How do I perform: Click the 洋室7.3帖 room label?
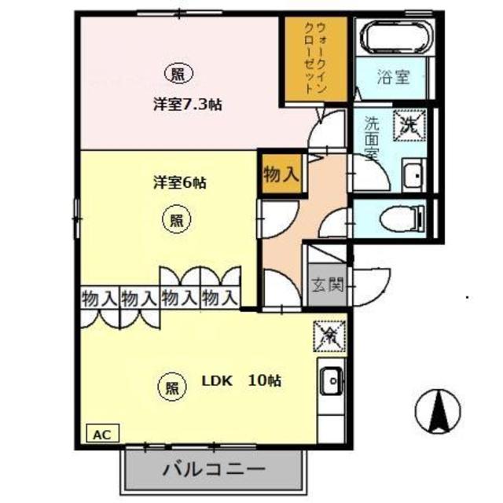pos(185,103)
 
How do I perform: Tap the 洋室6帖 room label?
pos(179,182)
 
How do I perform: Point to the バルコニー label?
pos(214,471)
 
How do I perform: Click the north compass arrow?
pos(438,409)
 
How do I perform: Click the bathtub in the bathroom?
pos(393,37)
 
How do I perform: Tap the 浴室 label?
pos(393,77)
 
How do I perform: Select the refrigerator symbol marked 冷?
pos(326,336)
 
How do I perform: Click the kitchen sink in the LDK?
pos(330,381)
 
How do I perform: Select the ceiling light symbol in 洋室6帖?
pos(178,219)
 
